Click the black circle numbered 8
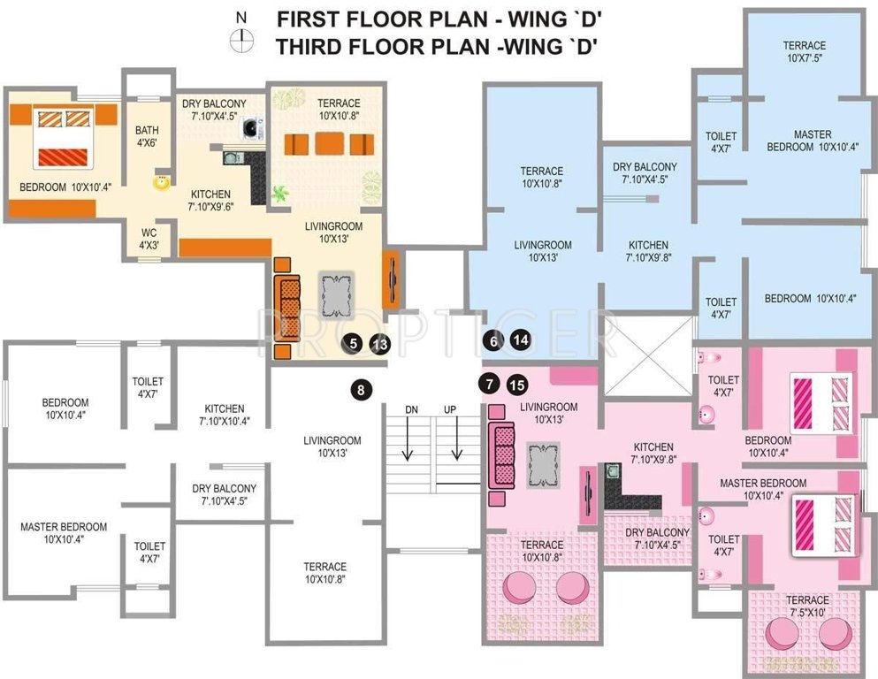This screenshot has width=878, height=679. (x=360, y=387)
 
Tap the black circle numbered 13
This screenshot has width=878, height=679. (x=380, y=345)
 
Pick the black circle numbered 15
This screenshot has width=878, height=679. (x=517, y=385)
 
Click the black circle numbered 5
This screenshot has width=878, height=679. (x=353, y=345)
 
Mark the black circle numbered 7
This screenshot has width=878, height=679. (x=487, y=385)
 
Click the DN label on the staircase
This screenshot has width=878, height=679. (x=411, y=410)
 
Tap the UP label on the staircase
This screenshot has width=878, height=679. (x=450, y=410)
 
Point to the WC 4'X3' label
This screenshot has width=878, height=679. (x=149, y=239)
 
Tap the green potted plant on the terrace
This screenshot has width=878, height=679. (x=281, y=193)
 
